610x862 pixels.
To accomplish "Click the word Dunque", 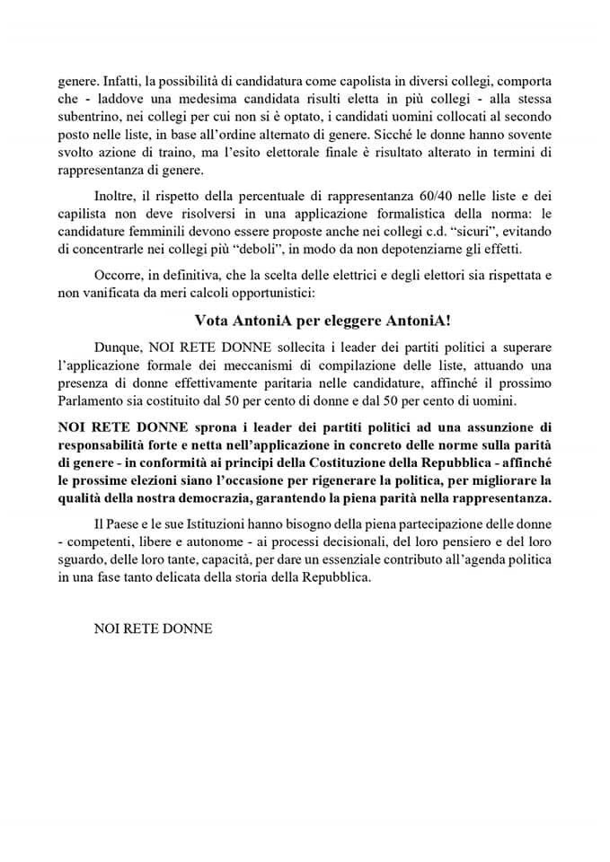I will click(x=119, y=351).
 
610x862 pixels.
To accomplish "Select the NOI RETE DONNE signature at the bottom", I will click(x=153, y=629).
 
